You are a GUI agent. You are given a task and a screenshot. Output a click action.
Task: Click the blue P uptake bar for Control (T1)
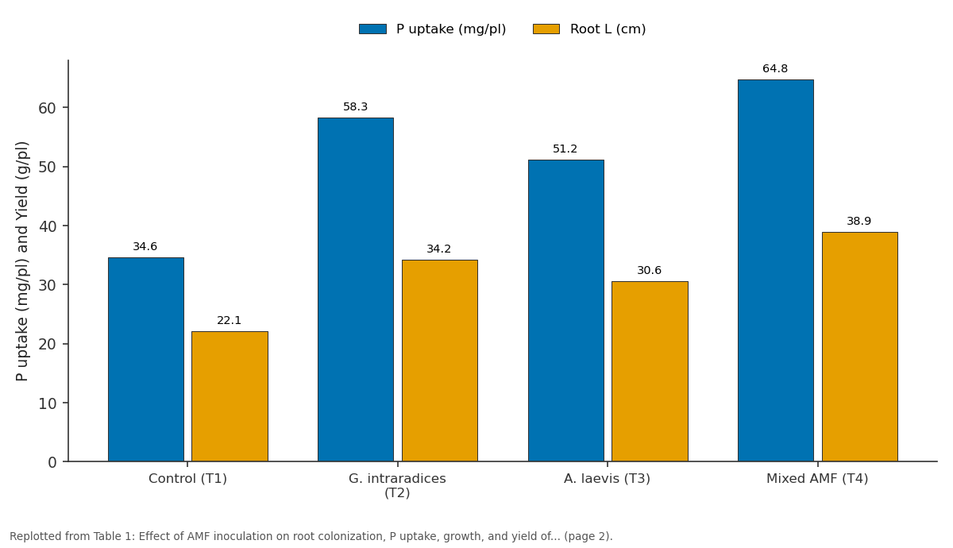click(x=146, y=360)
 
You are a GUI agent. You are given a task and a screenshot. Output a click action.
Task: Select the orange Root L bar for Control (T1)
click(x=230, y=396)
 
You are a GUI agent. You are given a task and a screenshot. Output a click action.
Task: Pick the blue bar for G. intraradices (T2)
click(x=356, y=290)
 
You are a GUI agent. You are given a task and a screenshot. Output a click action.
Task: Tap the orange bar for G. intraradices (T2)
click(x=440, y=361)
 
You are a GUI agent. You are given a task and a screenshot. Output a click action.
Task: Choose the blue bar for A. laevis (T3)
click(x=566, y=311)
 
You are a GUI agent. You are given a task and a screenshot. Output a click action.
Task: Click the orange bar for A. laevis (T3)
click(x=650, y=372)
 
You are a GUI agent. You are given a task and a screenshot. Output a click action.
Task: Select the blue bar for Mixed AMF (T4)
click(x=776, y=271)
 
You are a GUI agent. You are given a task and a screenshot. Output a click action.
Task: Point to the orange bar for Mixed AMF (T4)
click(x=860, y=347)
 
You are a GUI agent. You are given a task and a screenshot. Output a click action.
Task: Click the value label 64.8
click(x=775, y=68)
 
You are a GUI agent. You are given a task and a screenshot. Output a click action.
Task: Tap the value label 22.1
click(x=230, y=320)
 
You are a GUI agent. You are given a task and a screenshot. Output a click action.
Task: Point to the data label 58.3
click(x=355, y=106)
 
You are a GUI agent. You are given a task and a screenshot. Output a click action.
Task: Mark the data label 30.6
click(x=650, y=270)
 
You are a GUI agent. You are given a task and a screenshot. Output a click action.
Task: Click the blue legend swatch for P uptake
click(x=372, y=29)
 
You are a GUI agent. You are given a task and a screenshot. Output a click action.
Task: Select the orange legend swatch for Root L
click(x=546, y=29)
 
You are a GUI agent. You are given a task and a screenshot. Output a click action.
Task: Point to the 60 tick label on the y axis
click(x=47, y=108)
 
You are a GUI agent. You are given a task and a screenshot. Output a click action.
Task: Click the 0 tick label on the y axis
click(x=52, y=462)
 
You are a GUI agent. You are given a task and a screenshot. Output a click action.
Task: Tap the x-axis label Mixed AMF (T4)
click(x=817, y=479)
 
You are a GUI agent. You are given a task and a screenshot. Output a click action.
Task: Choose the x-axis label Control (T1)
click(x=187, y=479)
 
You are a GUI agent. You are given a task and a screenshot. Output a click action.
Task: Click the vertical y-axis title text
click(x=21, y=261)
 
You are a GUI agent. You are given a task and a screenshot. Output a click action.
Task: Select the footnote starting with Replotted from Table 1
click(x=311, y=536)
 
